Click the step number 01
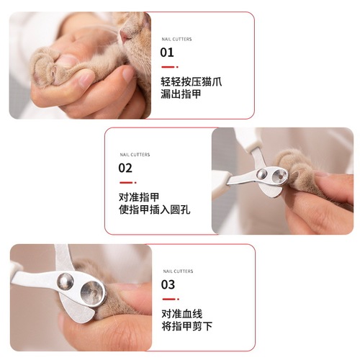tap(167, 53)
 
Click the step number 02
tap(125, 168)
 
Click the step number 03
tap(168, 284)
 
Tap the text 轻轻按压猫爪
tap(191, 81)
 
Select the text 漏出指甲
tap(181, 95)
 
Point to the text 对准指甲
tap(139, 197)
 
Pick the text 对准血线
tap(181, 313)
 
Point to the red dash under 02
tap(124, 182)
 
